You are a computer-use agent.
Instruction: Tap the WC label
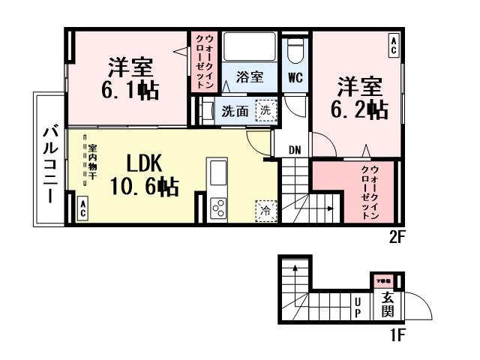point(294,76)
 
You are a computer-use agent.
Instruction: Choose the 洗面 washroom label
point(235,112)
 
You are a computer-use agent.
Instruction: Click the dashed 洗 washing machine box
point(265,110)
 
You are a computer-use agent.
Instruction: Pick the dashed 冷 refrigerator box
point(265,211)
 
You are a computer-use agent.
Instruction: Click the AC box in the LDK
point(82,208)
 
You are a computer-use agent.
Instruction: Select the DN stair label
point(295,150)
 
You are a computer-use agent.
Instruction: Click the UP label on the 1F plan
point(358,307)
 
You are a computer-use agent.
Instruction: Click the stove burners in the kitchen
point(219,207)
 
